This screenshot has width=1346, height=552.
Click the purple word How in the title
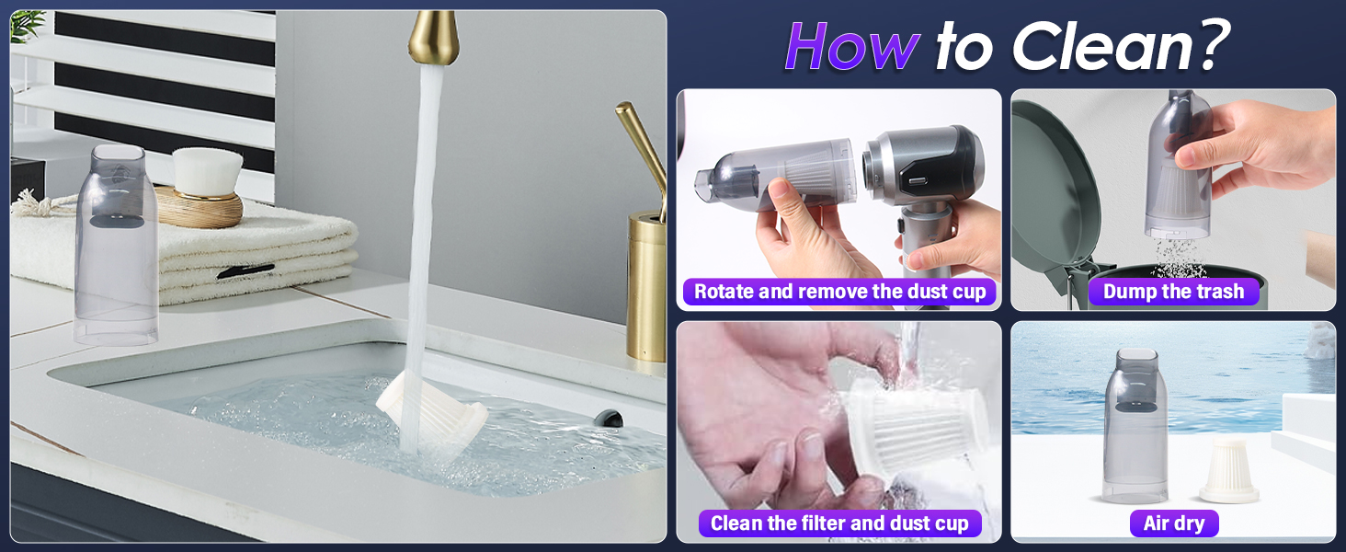[x=852, y=47]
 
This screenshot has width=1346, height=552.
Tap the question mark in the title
[x=1210, y=44]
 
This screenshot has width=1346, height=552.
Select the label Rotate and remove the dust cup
[x=839, y=292]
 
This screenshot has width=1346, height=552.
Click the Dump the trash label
[x=1173, y=292]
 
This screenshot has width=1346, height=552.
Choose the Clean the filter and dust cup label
[x=839, y=523]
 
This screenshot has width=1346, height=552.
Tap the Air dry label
[x=1173, y=523]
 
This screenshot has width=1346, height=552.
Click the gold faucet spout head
[x=433, y=38]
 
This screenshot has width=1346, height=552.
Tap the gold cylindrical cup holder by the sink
[x=646, y=285]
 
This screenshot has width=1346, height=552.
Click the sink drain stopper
[x=608, y=419]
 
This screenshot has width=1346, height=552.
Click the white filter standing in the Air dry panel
[x=1229, y=470]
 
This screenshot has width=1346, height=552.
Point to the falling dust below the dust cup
[x=1178, y=259]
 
